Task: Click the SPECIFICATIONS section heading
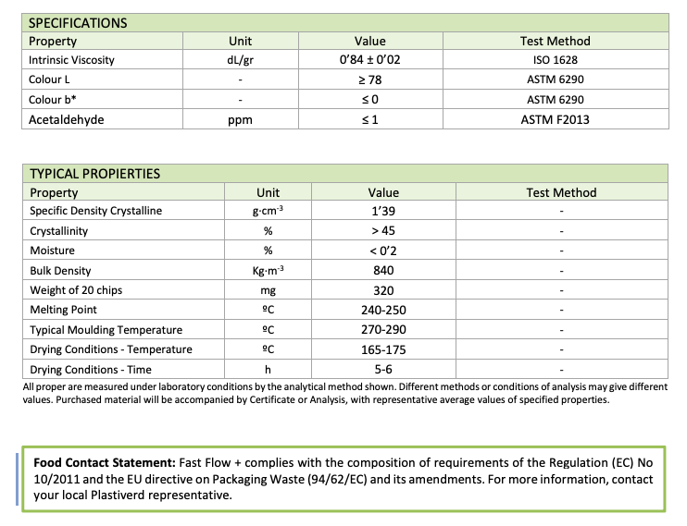(78, 23)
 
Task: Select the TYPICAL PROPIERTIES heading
(94, 174)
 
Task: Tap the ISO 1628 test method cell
(555, 60)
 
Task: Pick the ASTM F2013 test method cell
(555, 119)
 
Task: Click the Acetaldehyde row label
(67, 119)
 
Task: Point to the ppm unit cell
(240, 119)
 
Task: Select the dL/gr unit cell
(240, 60)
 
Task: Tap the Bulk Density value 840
(383, 270)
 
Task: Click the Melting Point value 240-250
(383, 310)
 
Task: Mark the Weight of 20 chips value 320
(383, 290)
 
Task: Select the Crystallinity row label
(59, 231)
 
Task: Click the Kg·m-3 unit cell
(268, 270)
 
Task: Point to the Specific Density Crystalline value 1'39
(383, 211)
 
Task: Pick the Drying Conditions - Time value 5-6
(383, 369)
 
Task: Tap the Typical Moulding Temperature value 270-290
(383, 330)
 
